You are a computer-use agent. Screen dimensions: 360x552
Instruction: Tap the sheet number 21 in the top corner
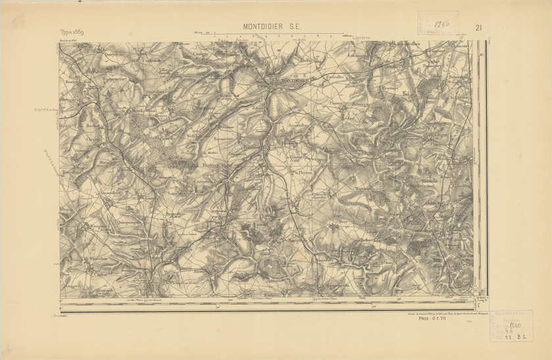tap(478, 28)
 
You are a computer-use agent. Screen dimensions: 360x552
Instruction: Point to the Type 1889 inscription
tap(72, 32)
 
